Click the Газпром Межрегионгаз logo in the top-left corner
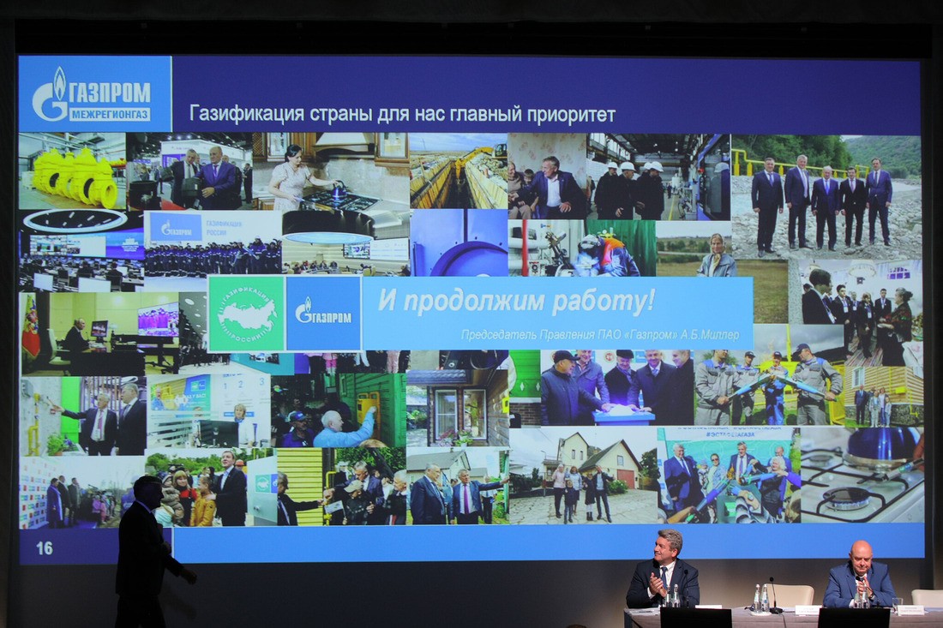[93, 94]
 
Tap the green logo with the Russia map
[247, 314]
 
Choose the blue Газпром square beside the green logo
[323, 314]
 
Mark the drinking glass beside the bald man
[897, 605]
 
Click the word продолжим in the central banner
[472, 301]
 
